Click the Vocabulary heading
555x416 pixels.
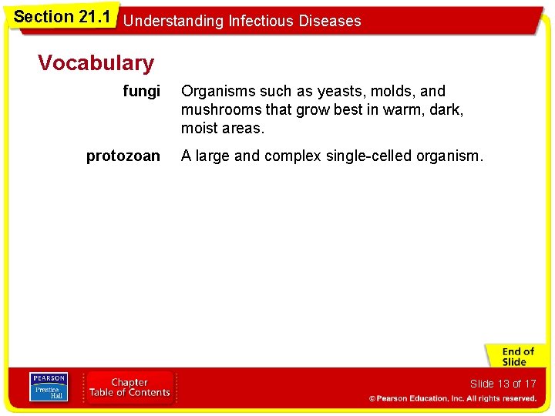pos(96,62)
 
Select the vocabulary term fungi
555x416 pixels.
pos(142,92)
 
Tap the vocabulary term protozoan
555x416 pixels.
pos(123,156)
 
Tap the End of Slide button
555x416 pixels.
pos(514,357)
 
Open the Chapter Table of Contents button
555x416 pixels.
pos(129,387)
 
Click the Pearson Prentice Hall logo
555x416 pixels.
pos(48,387)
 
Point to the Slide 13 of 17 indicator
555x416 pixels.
pos(503,384)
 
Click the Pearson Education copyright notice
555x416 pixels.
pos(452,399)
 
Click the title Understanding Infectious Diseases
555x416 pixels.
pos(242,21)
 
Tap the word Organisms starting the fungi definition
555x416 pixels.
pos(215,92)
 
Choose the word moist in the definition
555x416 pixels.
pos(198,129)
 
